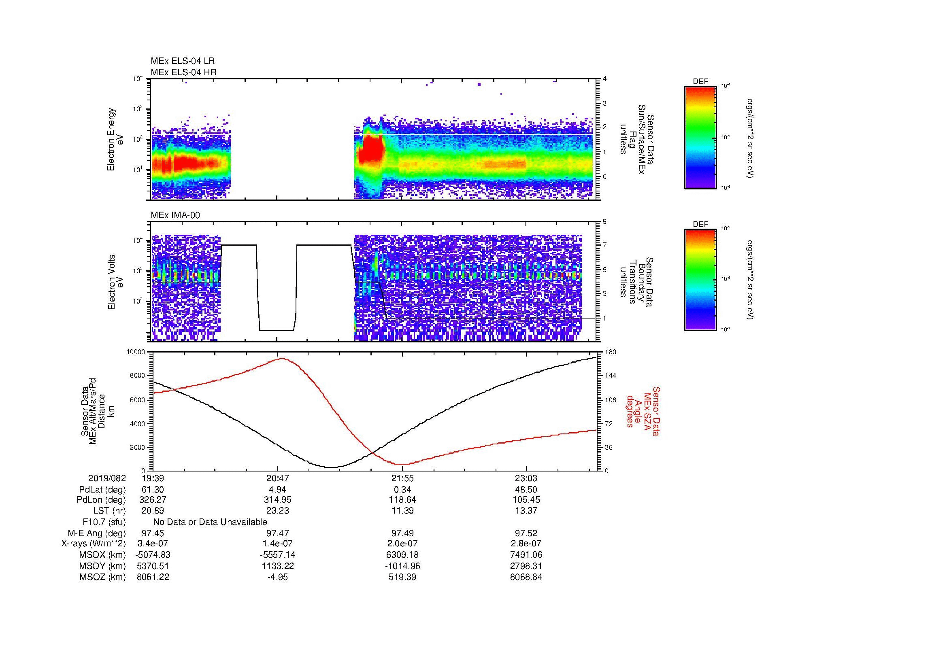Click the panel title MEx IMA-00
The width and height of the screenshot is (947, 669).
pos(175,215)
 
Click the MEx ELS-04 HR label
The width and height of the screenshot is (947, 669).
pos(183,72)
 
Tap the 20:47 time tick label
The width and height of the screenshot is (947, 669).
pos(278,478)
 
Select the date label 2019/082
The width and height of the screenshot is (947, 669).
pos(107,478)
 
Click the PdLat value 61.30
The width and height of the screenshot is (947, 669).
pos(153,490)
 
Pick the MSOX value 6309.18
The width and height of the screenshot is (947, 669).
pos(402,555)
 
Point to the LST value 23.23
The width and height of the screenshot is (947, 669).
pos(278,511)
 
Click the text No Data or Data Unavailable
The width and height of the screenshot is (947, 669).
pos(210,522)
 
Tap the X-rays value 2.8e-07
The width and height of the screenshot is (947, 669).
pos(526,544)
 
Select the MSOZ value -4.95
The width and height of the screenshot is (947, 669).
pos(278,577)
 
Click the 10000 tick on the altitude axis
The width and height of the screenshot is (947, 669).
pos(136,352)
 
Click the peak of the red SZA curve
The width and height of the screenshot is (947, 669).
pos(283,359)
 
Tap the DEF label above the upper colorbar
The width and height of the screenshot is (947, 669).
pos(700,82)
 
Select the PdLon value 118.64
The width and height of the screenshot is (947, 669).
pos(402,499)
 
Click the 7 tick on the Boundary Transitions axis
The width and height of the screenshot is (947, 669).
pos(604,245)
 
